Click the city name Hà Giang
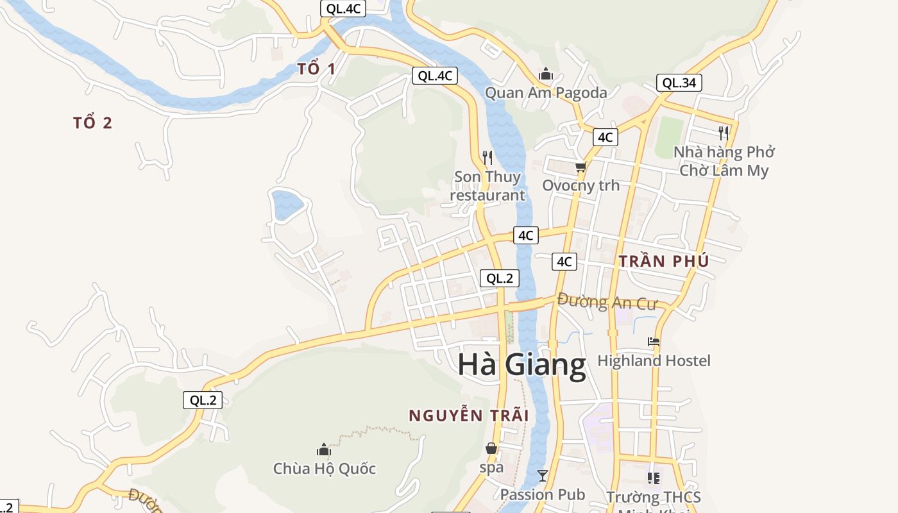(x=521, y=364)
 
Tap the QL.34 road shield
(x=679, y=83)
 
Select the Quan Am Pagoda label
(x=545, y=93)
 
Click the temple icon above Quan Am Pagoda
(x=546, y=74)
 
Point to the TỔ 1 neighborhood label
(x=316, y=69)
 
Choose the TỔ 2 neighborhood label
(x=93, y=123)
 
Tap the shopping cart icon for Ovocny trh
(x=580, y=167)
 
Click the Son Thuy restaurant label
(x=487, y=186)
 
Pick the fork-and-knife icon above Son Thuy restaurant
(x=487, y=157)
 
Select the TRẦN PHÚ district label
(x=664, y=262)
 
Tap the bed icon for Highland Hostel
(x=654, y=342)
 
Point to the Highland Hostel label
(x=654, y=361)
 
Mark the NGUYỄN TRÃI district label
(x=469, y=416)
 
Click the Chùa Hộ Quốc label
(x=325, y=469)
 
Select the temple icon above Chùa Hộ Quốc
(x=324, y=450)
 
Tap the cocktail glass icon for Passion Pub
(x=543, y=476)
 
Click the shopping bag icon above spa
(x=491, y=448)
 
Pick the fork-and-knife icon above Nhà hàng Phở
(x=724, y=133)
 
